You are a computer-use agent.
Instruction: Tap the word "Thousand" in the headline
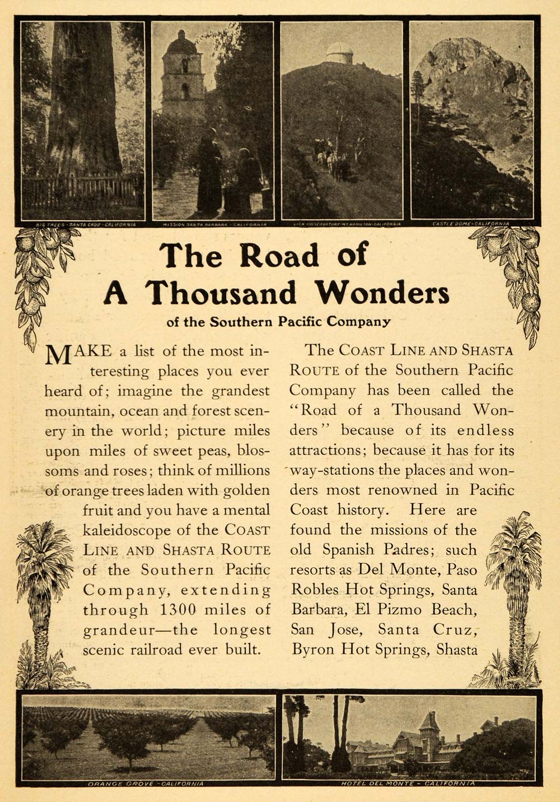(221, 293)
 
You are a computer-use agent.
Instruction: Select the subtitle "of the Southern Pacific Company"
(278, 322)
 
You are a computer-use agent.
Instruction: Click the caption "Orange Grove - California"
(146, 783)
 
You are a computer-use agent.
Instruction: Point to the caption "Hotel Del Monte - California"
(408, 783)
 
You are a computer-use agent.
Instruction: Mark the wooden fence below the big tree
(78, 191)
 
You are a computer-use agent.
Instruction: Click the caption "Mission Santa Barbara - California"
(213, 223)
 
